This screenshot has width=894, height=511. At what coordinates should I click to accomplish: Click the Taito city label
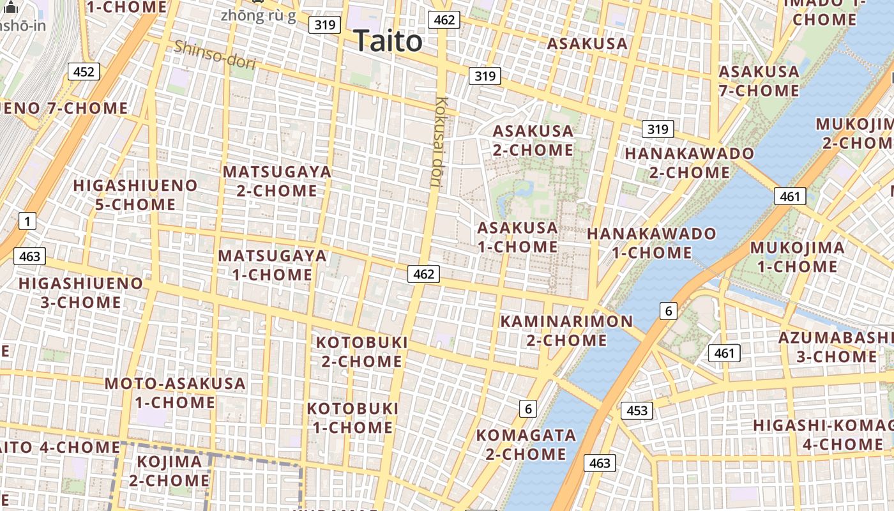[388, 42]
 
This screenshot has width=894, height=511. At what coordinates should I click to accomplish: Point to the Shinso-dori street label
[215, 55]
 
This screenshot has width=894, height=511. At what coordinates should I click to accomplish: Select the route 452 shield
[84, 72]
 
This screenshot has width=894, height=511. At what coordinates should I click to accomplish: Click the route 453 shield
[637, 411]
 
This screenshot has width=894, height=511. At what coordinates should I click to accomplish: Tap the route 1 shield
[27, 222]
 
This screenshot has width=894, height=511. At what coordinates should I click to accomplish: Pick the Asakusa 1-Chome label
[517, 237]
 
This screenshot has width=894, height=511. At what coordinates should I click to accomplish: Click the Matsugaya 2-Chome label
[277, 181]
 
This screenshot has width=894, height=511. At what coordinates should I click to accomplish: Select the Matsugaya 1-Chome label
[273, 265]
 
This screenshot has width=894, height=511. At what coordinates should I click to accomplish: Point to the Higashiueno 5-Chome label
[135, 195]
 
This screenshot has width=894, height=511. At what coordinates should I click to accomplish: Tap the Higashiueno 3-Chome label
[81, 293]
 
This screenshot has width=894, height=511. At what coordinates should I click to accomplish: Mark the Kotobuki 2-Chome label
[362, 352]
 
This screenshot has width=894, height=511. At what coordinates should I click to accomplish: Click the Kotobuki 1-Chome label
[353, 418]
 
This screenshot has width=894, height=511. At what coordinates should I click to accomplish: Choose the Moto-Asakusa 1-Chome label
[175, 393]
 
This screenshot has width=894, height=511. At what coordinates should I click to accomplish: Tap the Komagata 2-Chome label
[526, 445]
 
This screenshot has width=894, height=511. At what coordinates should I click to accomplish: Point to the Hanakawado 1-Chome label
[651, 243]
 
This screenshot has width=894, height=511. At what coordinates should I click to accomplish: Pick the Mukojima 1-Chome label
[797, 257]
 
